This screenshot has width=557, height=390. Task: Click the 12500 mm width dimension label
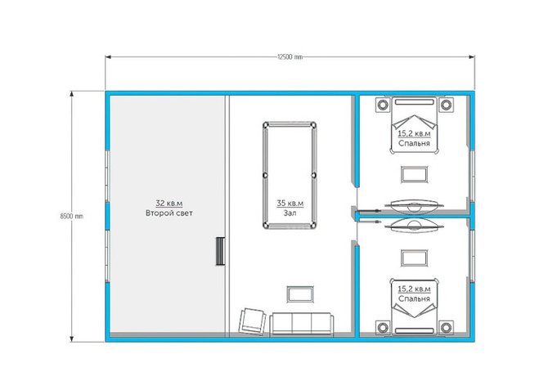tap(290, 57)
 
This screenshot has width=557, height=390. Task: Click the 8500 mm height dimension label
tap(72, 216)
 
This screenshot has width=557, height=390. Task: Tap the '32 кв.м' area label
tap(169, 203)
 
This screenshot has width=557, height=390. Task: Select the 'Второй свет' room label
tap(169, 213)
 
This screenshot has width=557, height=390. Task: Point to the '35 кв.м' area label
tap(290, 203)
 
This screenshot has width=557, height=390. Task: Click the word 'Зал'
tap(290, 213)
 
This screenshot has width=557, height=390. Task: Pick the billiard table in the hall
tap(290, 176)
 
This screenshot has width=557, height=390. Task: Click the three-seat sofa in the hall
tap(301, 324)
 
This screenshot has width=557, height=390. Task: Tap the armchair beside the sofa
tap(253, 321)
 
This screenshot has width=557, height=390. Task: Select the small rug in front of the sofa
tap(300, 294)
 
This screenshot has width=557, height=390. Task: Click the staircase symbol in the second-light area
tap(221, 251)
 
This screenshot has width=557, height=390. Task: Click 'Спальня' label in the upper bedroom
tap(414, 143)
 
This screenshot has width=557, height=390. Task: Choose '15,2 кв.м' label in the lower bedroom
tap(414, 289)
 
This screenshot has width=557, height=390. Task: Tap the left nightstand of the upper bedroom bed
tap(383, 105)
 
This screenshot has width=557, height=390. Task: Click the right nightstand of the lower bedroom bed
tap(446, 327)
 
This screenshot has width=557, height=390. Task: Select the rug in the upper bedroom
tap(414, 174)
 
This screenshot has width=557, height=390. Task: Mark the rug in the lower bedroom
tap(414, 258)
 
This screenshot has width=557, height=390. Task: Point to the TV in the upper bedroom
tap(414, 206)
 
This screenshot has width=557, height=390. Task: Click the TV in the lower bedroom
tap(414, 225)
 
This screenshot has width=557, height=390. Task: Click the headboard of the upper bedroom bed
tap(414, 102)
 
